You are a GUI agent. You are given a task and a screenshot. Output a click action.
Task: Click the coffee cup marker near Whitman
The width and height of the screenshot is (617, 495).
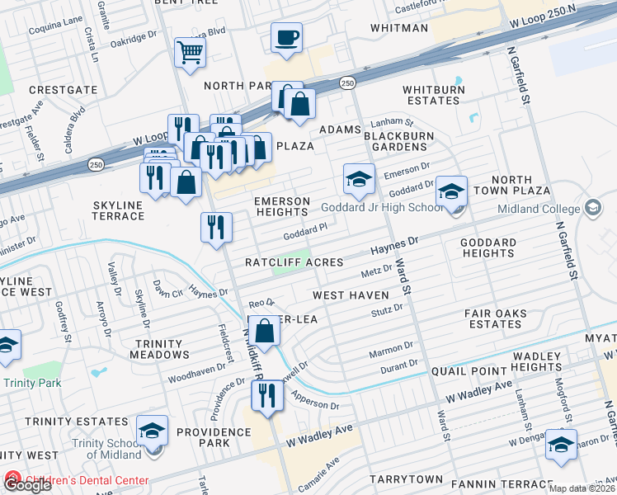286,38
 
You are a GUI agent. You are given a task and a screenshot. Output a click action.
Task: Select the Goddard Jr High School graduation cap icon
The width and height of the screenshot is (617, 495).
359,179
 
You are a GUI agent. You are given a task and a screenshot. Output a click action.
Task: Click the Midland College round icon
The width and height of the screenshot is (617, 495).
592,207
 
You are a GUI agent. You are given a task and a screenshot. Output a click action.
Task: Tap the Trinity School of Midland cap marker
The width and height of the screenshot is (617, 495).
152,431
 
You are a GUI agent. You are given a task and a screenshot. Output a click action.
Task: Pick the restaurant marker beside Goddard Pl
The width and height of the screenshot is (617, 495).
216,228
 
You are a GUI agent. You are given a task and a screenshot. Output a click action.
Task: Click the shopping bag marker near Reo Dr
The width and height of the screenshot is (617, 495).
265,332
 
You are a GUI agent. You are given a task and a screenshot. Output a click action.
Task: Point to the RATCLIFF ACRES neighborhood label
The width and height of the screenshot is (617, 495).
294,262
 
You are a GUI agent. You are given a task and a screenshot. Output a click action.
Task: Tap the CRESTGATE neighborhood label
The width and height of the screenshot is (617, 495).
64,90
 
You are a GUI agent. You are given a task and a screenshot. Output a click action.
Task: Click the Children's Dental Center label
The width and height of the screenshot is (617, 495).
87,480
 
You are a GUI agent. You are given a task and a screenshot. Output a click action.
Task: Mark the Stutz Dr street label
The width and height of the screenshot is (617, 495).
386,309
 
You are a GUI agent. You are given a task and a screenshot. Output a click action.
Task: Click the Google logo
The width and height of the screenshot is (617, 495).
27,485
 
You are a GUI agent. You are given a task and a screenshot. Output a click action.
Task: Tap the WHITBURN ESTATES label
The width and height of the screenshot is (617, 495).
431,95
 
